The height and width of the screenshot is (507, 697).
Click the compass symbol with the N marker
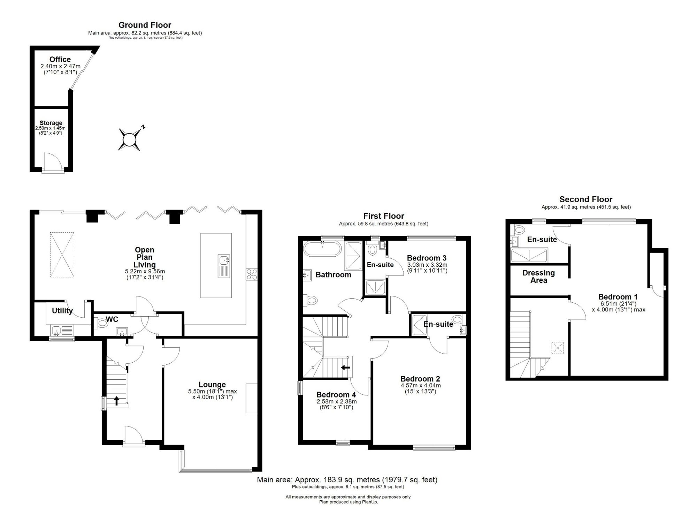point(130,139)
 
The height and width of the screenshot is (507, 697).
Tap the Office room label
point(60,60)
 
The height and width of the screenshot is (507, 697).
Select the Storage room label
point(51,123)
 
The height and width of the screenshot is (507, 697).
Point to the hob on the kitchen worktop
point(252,274)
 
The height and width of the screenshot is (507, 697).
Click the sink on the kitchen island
point(224,266)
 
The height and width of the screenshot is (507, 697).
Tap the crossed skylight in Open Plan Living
point(62,255)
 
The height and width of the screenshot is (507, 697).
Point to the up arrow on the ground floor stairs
point(116,401)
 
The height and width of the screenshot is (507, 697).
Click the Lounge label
point(212,385)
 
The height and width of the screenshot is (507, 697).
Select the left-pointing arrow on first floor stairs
point(345,367)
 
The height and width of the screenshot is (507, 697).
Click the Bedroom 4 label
point(336,395)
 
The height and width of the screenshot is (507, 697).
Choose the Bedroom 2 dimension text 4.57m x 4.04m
point(421,386)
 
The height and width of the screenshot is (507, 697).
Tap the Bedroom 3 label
point(427,258)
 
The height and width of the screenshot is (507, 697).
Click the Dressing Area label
point(538,277)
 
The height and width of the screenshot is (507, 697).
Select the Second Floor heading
point(586,199)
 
